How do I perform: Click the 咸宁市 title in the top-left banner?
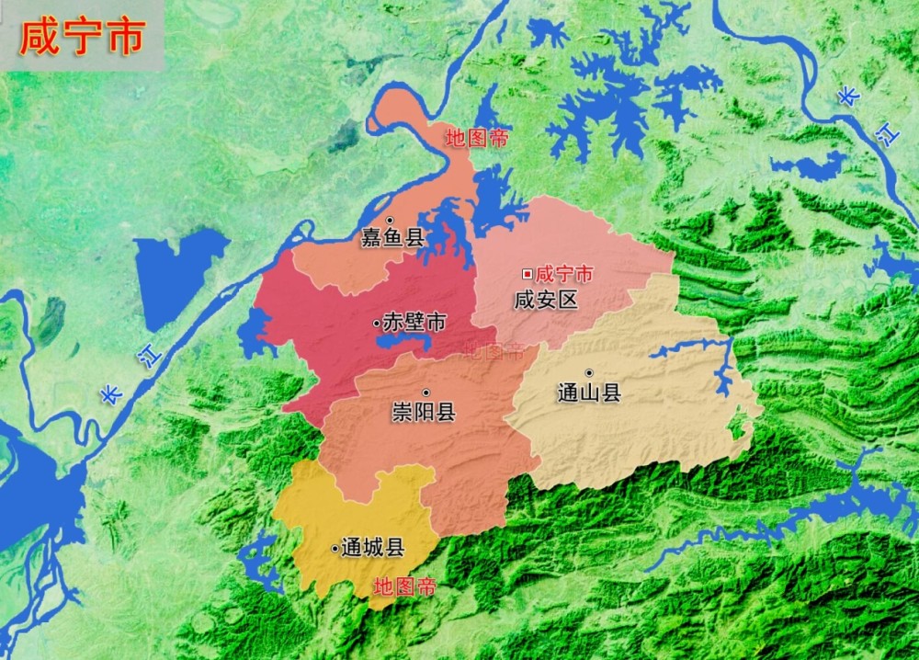(x=82, y=38)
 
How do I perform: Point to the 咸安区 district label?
(x=546, y=299)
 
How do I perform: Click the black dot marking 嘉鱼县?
(x=390, y=221)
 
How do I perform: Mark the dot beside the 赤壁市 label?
(x=377, y=324)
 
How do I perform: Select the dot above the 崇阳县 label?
(x=425, y=393)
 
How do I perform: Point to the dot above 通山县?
(x=589, y=372)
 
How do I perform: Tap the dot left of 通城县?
(x=335, y=549)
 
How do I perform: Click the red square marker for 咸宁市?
(x=527, y=274)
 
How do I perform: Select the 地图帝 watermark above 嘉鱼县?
(x=476, y=139)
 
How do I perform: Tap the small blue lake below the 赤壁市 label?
(x=403, y=341)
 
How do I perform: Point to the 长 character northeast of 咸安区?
(x=847, y=97)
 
